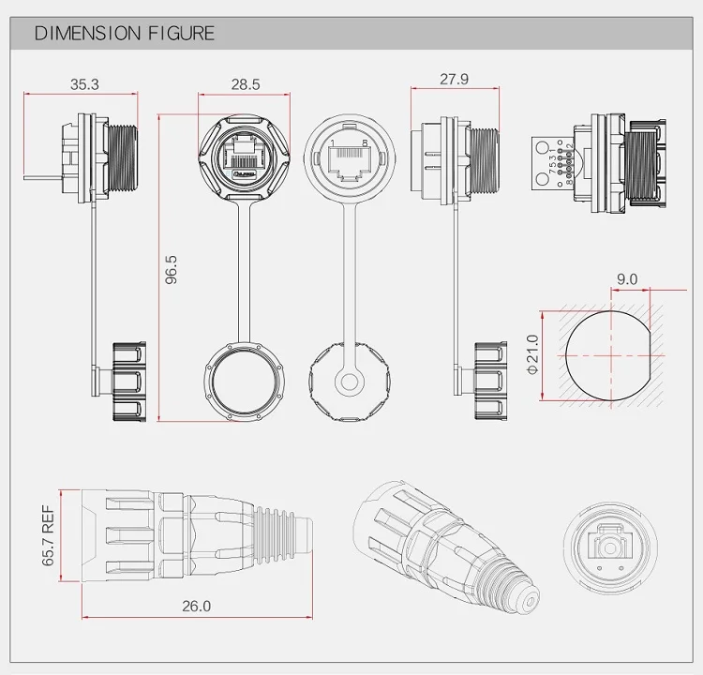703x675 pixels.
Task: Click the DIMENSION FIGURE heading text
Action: click(x=125, y=34)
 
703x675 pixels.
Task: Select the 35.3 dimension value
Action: click(x=83, y=84)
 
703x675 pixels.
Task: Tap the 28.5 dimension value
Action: click(x=245, y=84)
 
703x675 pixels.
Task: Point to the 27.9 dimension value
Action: click(x=454, y=80)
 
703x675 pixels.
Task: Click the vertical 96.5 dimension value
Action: click(x=172, y=269)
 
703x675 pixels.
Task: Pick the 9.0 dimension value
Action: click(x=626, y=279)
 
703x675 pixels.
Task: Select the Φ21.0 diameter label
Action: click(x=533, y=357)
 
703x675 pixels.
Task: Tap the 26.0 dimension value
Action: click(x=195, y=607)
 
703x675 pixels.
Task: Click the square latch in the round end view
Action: click(x=610, y=541)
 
